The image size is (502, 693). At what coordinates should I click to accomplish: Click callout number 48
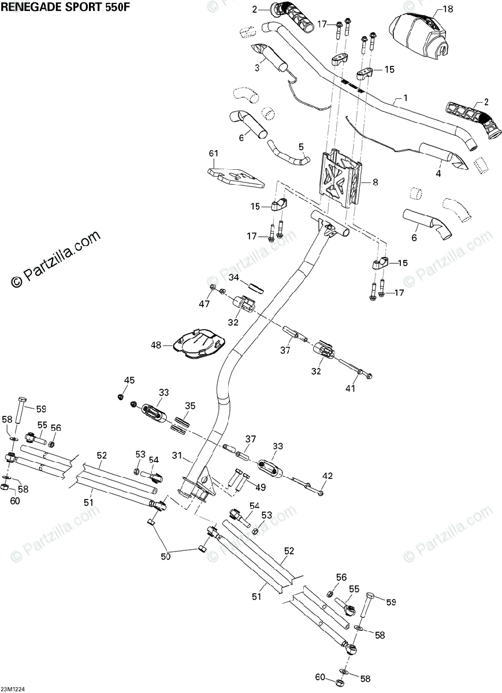[156, 345]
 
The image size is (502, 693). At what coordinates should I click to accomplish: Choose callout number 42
[328, 476]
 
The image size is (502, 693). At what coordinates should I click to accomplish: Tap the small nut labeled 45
[121, 396]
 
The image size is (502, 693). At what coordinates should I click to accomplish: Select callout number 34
[233, 278]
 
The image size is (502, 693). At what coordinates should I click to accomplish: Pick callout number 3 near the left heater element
[256, 68]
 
